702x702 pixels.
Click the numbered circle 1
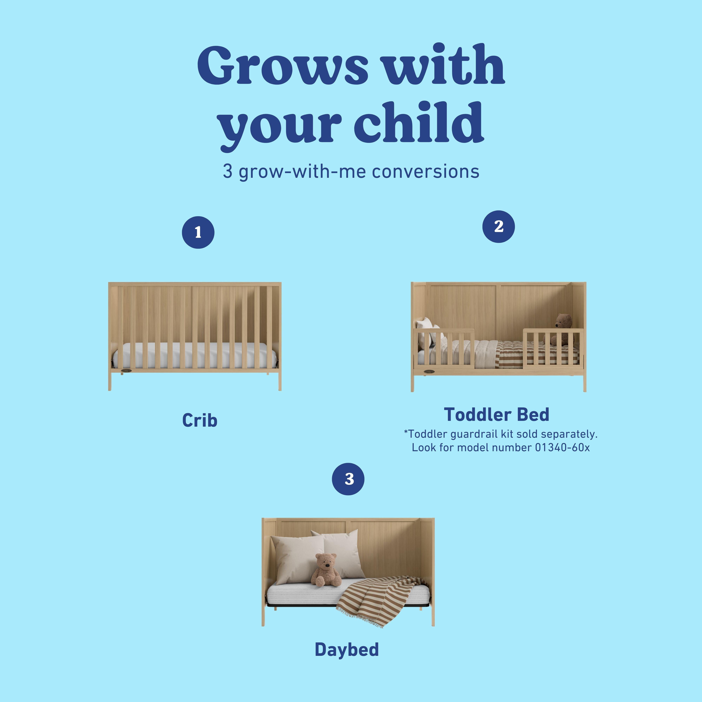[198, 233]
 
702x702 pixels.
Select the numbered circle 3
[348, 479]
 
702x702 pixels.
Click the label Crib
[200, 420]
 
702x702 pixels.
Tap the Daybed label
[347, 649]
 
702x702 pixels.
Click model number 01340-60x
[562, 447]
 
